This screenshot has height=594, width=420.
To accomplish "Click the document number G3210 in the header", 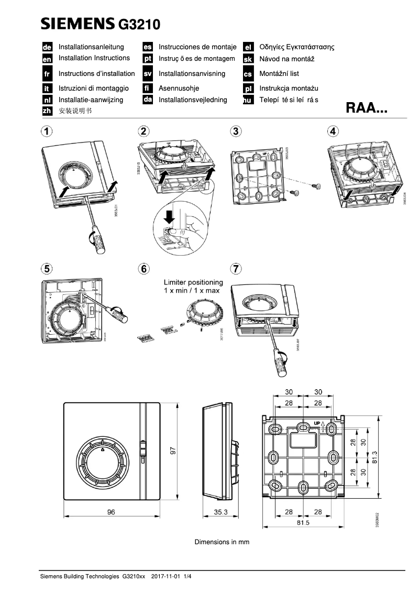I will click(140, 24).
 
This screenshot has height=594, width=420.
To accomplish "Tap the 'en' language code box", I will click(47, 59).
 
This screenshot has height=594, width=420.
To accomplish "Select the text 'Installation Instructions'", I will click(94, 58).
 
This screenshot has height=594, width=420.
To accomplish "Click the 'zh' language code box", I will click(47, 111).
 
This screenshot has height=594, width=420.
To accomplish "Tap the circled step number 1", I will click(47, 131).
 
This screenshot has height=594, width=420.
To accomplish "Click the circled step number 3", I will click(236, 131).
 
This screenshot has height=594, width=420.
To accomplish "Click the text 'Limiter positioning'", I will click(193, 282).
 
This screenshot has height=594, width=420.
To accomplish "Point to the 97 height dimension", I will click(173, 450).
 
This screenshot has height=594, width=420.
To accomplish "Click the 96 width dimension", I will click(111, 512).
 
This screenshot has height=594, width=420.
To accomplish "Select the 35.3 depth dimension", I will click(220, 512).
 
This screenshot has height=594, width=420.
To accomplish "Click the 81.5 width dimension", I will click(303, 522).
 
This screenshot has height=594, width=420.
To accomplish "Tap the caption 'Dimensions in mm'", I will click(222, 542).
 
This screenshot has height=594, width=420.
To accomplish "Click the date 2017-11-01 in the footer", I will click(165, 576).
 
